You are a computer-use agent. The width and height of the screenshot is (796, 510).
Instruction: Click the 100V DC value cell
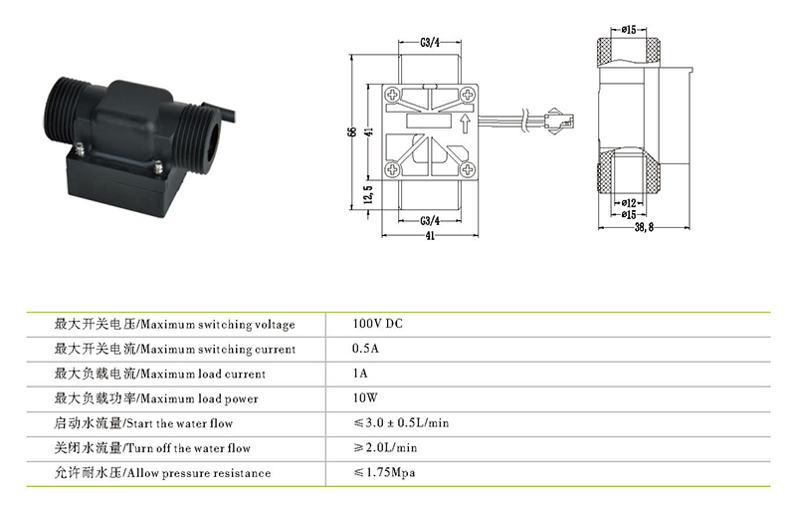377,324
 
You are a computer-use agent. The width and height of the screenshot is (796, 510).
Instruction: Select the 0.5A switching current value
365,349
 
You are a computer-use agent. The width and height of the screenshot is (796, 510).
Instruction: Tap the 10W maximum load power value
365,397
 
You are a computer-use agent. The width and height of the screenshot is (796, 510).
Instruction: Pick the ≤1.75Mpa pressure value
384,472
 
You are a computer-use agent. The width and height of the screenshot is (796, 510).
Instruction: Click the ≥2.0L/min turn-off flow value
385,447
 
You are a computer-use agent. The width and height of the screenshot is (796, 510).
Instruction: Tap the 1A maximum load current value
360,374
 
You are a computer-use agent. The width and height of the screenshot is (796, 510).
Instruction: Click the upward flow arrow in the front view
465,124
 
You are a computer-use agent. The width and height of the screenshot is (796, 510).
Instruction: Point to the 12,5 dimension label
368,194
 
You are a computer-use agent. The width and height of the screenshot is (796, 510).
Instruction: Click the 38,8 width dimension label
644,227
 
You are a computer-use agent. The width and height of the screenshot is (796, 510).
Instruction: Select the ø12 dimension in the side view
629,203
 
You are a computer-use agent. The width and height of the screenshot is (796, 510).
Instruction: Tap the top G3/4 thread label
430,43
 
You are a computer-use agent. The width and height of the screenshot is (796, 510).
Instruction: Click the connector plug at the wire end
559,121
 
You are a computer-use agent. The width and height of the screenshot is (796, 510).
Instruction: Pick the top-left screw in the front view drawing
392,95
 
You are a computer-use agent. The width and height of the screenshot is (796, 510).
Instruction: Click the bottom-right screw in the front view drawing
468,169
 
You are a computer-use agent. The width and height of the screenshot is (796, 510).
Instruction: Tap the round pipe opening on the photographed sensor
214,136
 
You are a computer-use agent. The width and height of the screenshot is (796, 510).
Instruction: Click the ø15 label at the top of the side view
629,30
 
